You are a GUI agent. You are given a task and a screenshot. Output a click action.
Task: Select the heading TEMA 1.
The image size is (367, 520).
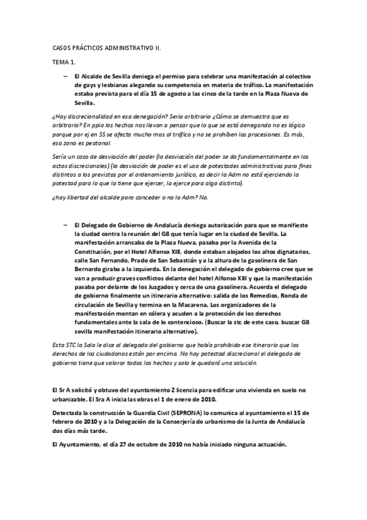click(x=63, y=62)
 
